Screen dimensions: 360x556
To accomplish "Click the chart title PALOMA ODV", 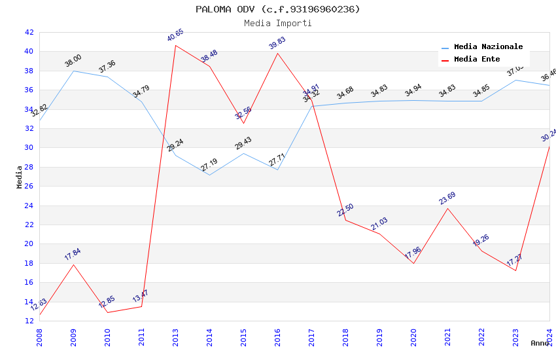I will [277, 9].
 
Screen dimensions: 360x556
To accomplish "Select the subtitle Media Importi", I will [277, 23].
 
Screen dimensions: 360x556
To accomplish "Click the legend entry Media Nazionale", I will [488, 47].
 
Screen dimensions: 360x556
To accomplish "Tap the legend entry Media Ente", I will [477, 60].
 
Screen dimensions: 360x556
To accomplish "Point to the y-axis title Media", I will [20, 177].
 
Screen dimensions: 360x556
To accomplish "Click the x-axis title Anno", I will [540, 343].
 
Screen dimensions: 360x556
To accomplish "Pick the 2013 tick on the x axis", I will [175, 336].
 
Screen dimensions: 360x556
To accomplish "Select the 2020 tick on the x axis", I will [413, 336].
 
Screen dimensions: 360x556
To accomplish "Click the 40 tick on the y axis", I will [29, 52].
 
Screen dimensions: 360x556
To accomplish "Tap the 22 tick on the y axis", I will [29, 225].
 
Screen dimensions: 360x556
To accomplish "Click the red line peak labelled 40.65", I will [175, 45].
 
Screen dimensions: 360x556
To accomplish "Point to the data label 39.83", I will [277, 43].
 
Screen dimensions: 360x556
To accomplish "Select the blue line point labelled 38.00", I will [73, 71].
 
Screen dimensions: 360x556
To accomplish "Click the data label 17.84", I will [73, 255].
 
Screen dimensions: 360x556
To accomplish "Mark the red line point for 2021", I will [447, 208].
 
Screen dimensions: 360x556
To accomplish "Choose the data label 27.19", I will [209, 165].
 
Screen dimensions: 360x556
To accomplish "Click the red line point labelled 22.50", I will [345, 220].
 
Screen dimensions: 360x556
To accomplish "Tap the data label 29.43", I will [243, 143].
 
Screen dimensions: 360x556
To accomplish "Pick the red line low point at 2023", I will [515, 270].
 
